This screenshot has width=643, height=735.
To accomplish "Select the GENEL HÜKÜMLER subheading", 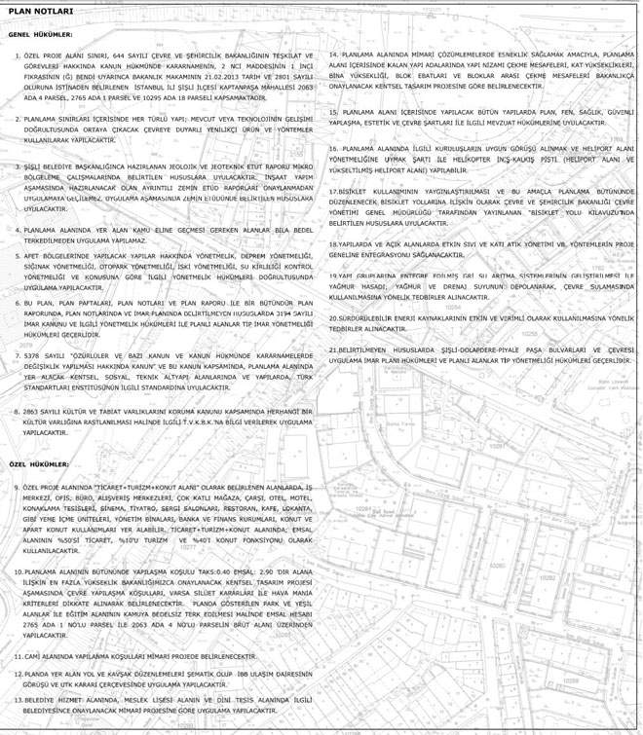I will click(36, 33).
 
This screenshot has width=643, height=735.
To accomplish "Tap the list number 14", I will click(333, 55).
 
